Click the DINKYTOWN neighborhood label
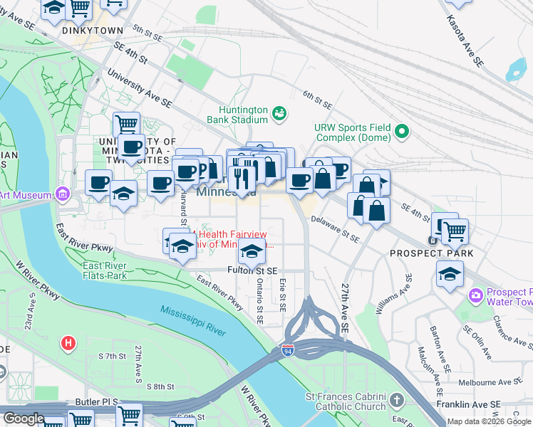click(x=93, y=31)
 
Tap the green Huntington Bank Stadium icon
click(x=279, y=112)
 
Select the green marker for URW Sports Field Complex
click(x=403, y=131)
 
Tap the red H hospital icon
click(x=68, y=343)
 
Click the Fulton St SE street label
click(x=252, y=270)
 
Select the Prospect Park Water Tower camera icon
click(x=475, y=295)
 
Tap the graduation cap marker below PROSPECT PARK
click(x=450, y=275)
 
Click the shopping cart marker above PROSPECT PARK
click(x=455, y=229)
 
